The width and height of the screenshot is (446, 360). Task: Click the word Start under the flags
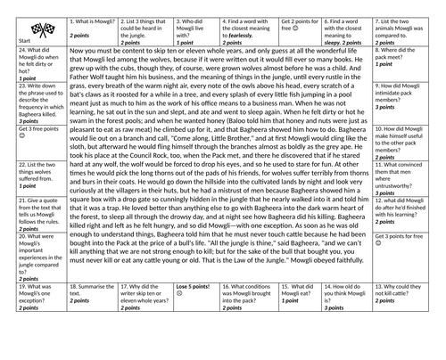click(12, 40)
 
